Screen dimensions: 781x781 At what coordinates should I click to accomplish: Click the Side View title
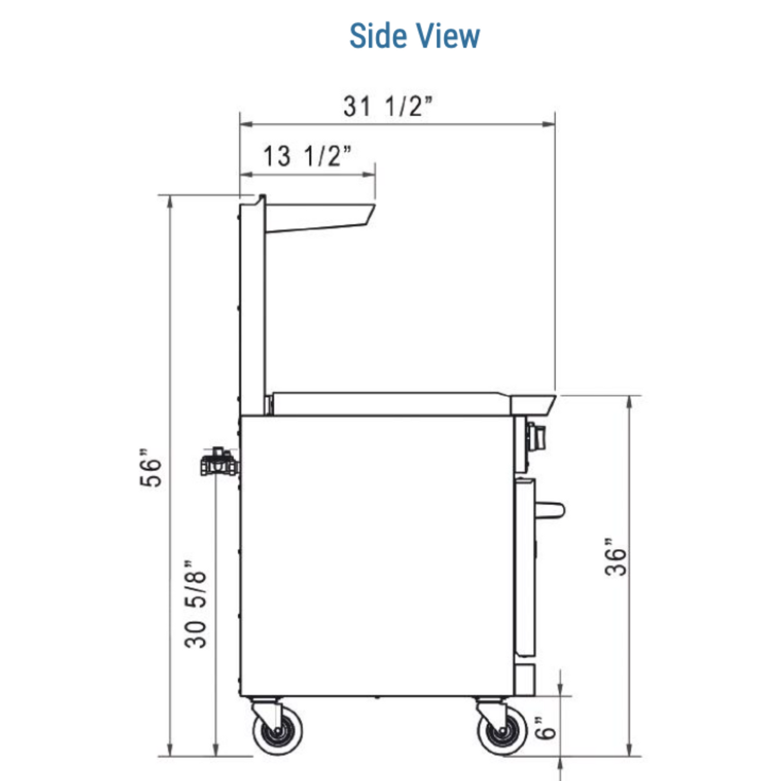pos(415,36)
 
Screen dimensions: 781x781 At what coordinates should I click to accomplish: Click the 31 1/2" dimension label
pos(388,106)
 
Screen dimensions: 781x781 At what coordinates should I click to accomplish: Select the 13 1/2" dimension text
pos(307,156)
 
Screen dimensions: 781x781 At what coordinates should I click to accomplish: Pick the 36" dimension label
pos(615,557)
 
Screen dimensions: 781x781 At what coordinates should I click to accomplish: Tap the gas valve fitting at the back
pos(219,462)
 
